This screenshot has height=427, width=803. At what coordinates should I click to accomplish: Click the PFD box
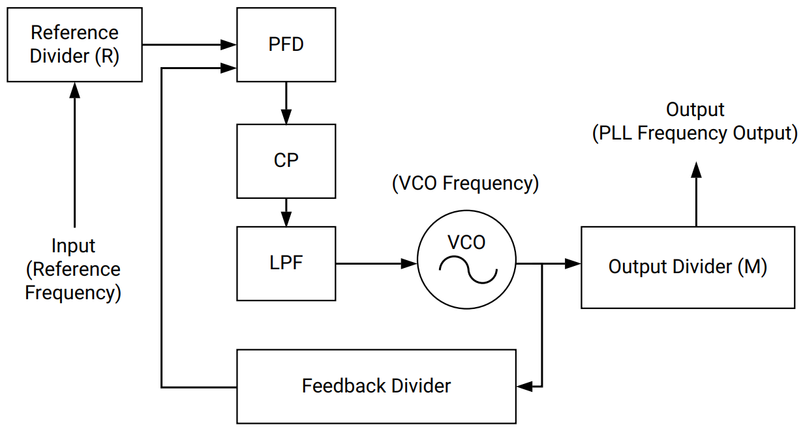[286, 45]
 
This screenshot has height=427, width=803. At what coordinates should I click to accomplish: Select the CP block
[286, 160]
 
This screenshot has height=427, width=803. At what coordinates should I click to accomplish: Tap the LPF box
[286, 263]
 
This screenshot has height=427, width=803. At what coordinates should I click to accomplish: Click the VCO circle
[466, 263]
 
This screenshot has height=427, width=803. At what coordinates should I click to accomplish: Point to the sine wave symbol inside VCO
[466, 269]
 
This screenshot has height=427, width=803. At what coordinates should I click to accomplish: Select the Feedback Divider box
[376, 386]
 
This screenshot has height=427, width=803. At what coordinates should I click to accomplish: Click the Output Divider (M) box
[688, 267]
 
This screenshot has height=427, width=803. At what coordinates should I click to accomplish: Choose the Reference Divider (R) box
[74, 44]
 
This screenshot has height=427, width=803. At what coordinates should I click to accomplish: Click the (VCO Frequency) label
[465, 183]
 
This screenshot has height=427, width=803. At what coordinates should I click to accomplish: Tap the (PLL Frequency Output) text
[695, 133]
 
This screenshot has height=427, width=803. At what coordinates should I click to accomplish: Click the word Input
[73, 246]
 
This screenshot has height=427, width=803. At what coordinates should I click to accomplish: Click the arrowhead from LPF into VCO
[410, 263]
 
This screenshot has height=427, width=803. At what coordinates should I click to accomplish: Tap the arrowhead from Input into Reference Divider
[74, 90]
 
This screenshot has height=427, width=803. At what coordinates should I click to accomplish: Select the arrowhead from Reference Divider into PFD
[228, 45]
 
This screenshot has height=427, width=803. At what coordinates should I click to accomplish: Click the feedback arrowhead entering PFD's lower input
[228, 67]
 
